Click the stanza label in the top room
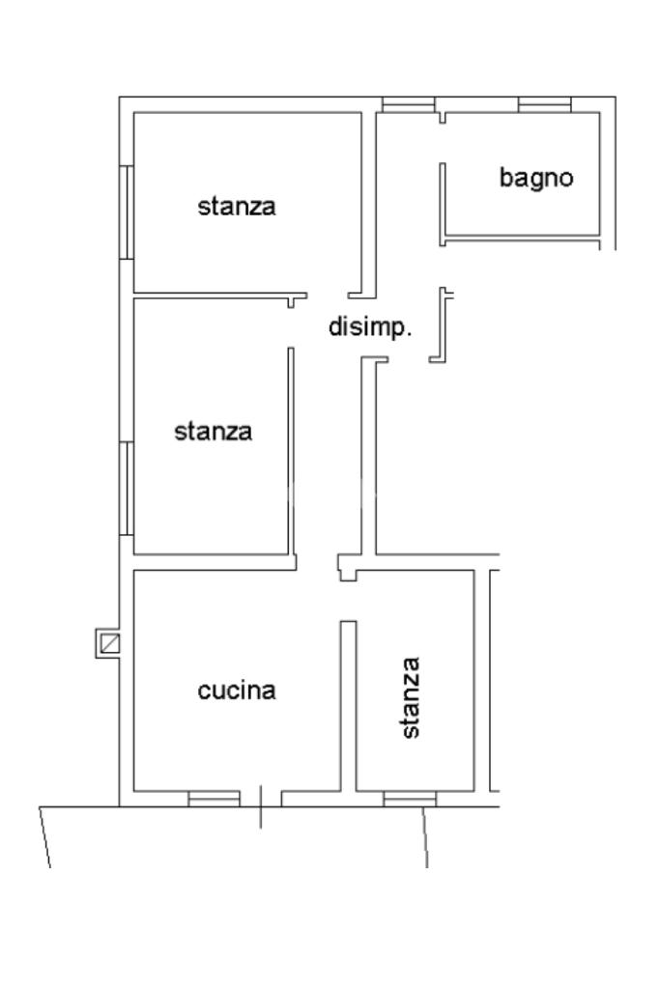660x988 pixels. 237,206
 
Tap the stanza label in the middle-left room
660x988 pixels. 214,431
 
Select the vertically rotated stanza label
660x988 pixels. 411,697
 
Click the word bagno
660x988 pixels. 536,178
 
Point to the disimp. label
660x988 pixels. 371,327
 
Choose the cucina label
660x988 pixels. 237,691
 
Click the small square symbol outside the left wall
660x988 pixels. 107,643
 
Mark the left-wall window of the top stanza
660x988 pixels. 126,212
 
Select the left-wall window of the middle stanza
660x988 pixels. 126,488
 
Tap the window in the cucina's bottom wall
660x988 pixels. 214,798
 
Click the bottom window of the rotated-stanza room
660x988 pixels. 410,798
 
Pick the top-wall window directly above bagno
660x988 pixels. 545,104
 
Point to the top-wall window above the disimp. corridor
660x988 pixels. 407,104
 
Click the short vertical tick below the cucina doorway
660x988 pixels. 260,807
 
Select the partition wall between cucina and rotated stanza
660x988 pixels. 349,705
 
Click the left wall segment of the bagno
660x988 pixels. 443,201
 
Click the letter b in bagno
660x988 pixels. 505,177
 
